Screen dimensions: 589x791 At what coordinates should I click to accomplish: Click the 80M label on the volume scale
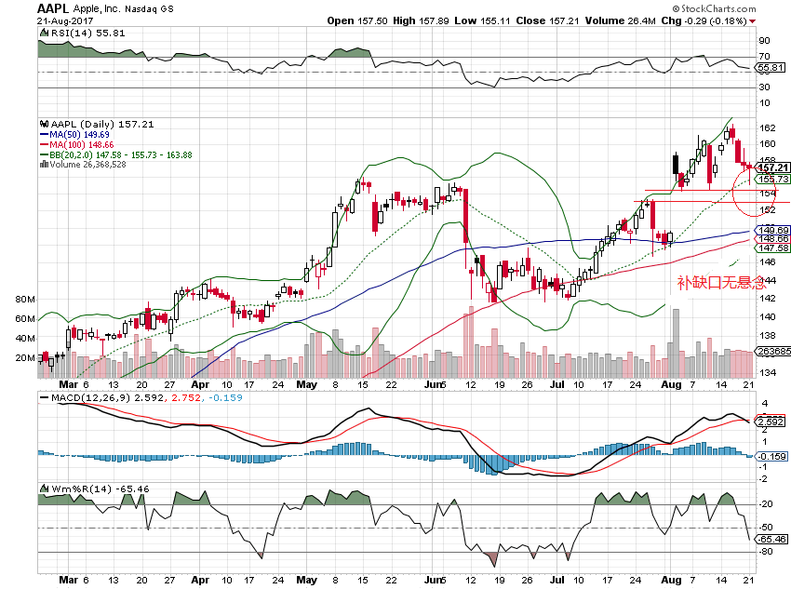(x=25, y=300)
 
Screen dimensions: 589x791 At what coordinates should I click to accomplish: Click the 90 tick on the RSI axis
(x=765, y=41)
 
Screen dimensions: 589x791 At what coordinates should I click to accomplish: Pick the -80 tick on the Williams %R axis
(x=767, y=553)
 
